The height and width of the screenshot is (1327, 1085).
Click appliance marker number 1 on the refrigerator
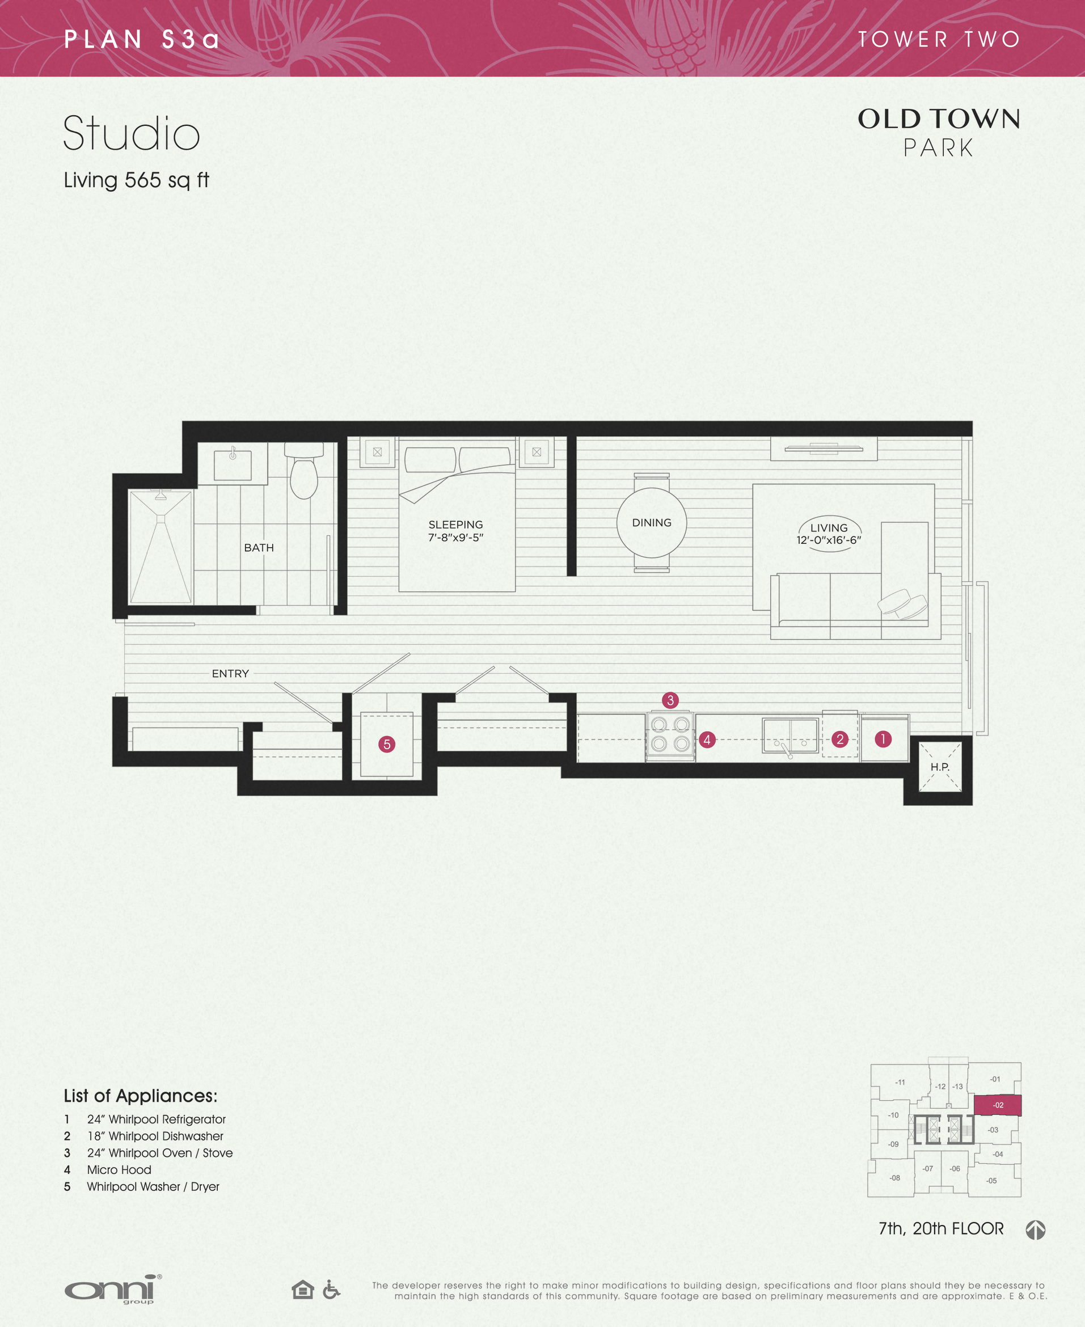click(883, 739)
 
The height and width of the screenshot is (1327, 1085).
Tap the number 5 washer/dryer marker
click(387, 744)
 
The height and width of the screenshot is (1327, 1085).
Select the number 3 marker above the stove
click(670, 700)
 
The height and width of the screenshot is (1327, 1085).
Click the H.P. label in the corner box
click(939, 767)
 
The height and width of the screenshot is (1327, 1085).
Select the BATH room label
click(259, 548)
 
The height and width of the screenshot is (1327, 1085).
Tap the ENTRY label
click(230, 674)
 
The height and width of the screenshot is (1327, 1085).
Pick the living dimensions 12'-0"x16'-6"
click(828, 540)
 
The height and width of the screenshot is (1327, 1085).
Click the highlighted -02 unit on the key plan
click(998, 1105)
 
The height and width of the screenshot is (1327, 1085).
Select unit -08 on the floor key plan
click(894, 1178)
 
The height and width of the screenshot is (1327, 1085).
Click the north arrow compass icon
click(1035, 1229)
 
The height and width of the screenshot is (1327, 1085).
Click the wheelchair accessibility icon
click(331, 1289)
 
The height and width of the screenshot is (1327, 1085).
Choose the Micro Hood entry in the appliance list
click(119, 1169)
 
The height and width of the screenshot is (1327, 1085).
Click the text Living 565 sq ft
click(136, 180)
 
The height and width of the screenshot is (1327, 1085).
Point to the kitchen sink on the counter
click(790, 736)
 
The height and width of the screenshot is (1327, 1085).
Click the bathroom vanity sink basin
click(233, 465)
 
